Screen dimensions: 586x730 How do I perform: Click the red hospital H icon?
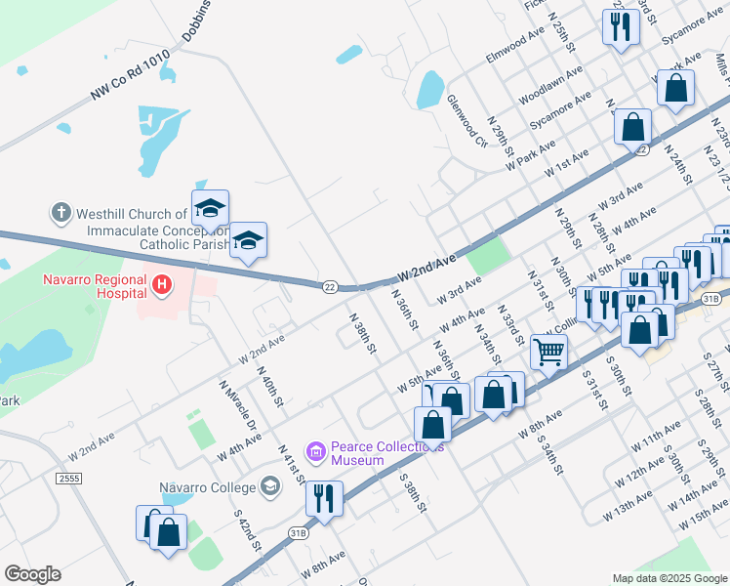162,286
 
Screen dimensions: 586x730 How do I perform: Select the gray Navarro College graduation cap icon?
270,487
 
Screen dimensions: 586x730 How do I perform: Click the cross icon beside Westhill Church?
61,212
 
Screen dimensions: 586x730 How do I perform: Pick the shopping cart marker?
549,351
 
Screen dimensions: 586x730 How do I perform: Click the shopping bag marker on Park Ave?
675,89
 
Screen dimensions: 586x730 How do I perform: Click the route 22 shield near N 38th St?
331,286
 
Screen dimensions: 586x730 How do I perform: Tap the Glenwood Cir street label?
466,122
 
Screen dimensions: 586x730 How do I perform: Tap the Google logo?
32,574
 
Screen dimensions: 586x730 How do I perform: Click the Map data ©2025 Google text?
669,578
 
